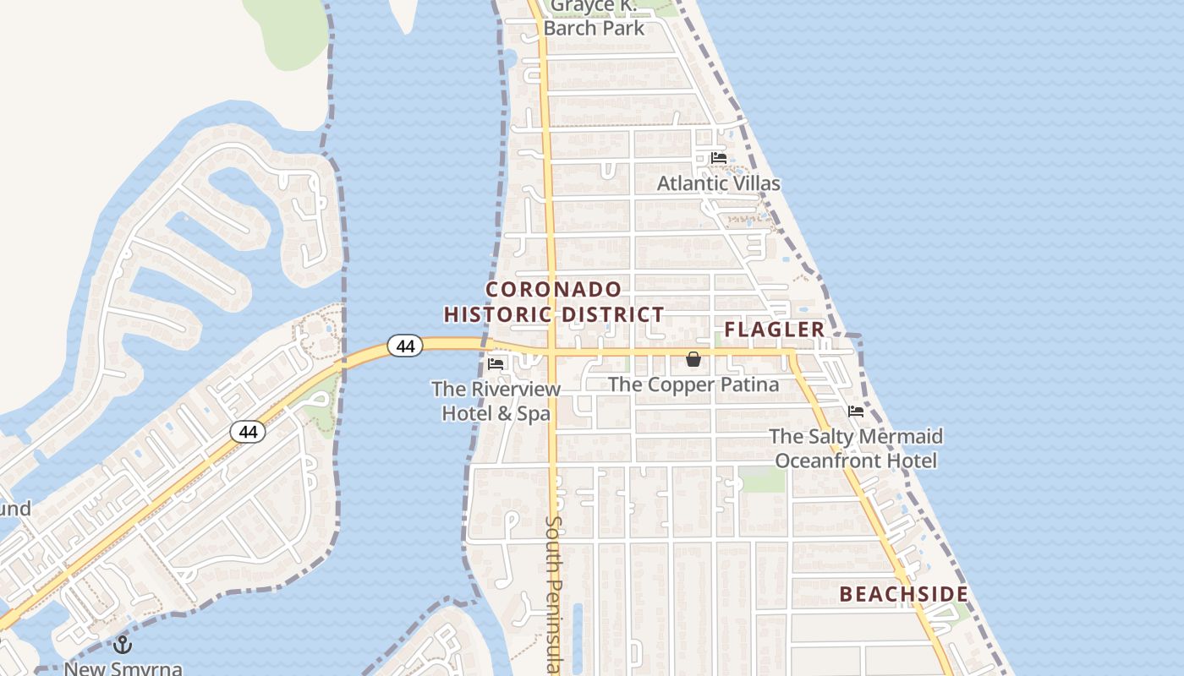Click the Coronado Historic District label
click(x=554, y=302)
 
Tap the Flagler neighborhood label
click(x=774, y=330)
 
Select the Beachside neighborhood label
click(x=903, y=594)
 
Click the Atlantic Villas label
click(x=718, y=183)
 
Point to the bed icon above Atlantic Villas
click(x=718, y=158)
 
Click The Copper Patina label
click(x=693, y=384)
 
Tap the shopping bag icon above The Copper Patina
click(x=693, y=359)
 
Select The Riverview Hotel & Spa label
click(x=496, y=401)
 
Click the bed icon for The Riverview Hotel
click(x=496, y=364)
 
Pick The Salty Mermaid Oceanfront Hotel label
click(x=856, y=449)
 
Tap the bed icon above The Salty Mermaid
click(x=856, y=412)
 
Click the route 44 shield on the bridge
click(x=405, y=346)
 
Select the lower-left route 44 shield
click(x=248, y=432)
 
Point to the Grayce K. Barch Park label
click(x=594, y=17)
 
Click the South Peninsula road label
click(x=553, y=591)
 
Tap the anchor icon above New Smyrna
click(x=123, y=645)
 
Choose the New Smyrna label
click(x=123, y=668)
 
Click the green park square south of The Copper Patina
click(x=762, y=479)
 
